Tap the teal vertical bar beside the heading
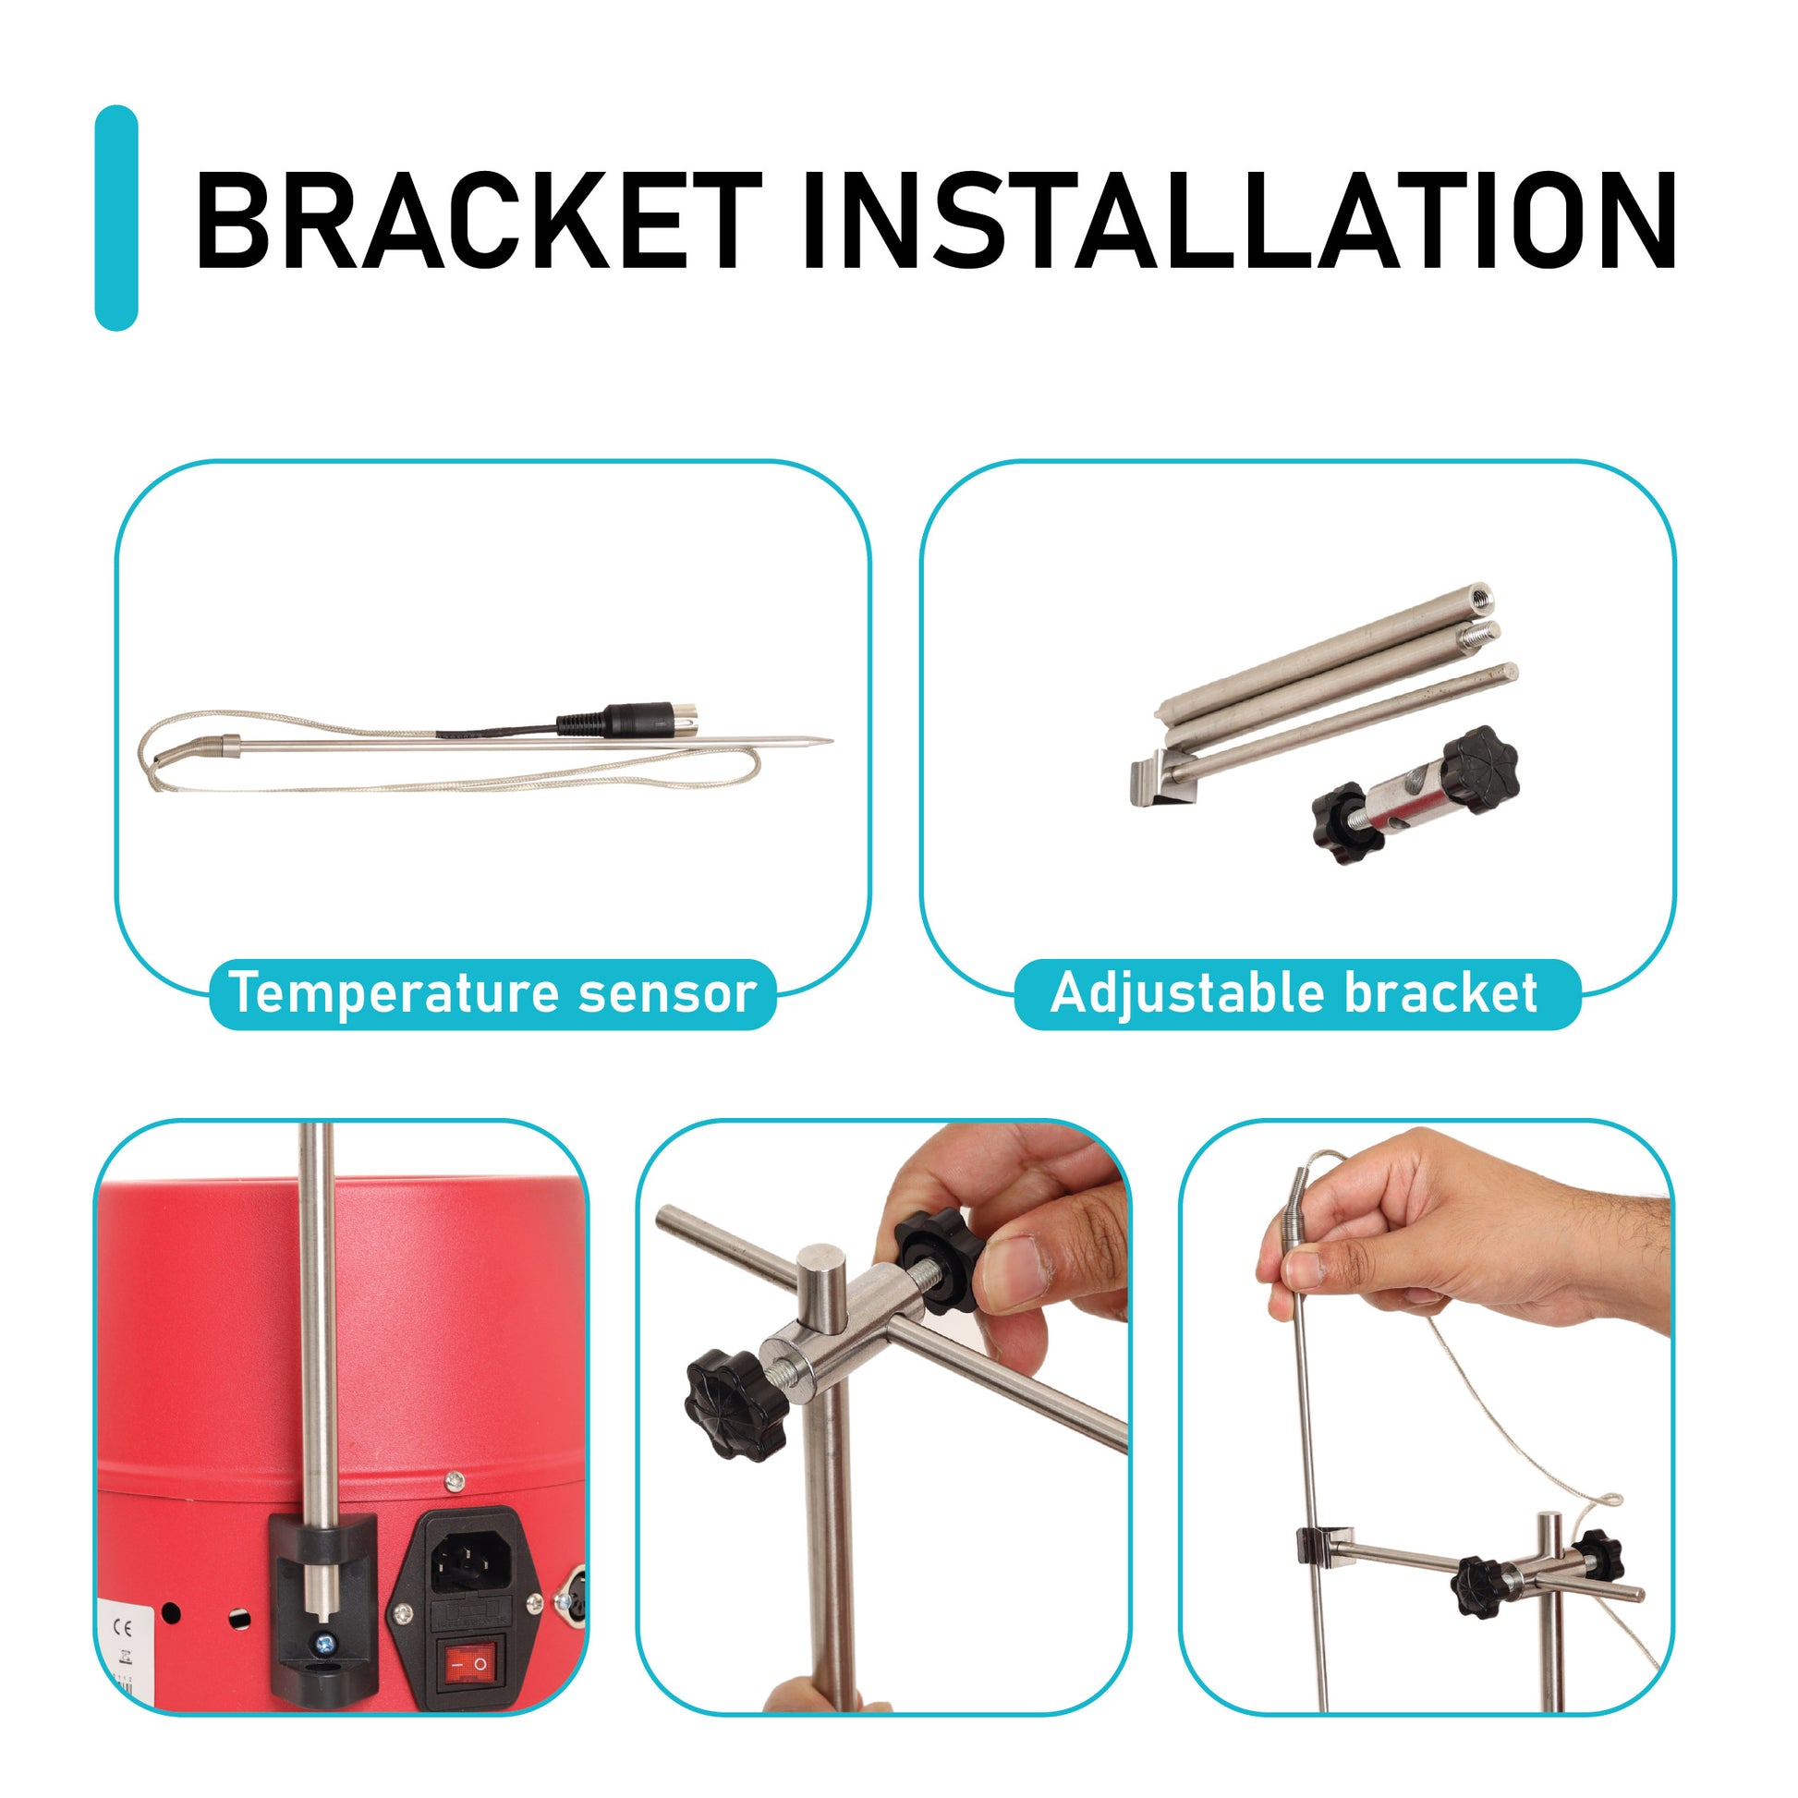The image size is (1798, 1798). [116, 218]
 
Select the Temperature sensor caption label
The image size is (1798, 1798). [492, 993]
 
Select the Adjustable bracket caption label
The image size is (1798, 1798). [1297, 993]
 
